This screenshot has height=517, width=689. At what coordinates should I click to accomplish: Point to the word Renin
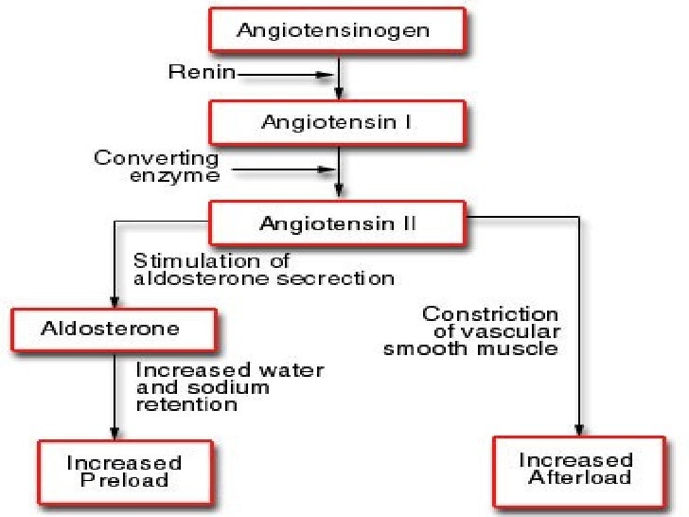[202, 71]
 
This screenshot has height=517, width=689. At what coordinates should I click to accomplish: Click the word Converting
[156, 158]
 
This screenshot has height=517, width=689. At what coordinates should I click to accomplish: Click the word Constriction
[489, 313]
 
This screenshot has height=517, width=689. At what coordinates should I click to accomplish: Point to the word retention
[185, 404]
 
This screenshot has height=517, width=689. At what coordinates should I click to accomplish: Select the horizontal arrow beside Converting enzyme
[285, 170]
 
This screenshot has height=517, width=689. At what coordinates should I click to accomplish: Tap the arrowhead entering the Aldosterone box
[115, 300]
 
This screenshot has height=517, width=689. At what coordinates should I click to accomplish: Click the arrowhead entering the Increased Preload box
[115, 432]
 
